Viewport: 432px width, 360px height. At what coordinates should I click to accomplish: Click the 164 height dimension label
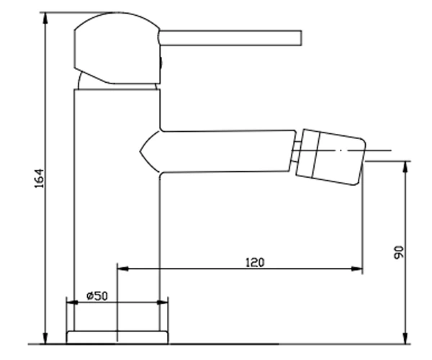[x=39, y=179]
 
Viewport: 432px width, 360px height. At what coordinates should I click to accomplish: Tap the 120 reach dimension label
[x=255, y=263]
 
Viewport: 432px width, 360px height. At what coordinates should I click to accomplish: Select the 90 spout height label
[x=399, y=253]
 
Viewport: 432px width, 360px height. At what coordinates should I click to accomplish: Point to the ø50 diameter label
[x=97, y=296]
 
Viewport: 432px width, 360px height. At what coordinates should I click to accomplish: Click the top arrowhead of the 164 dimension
[x=45, y=17]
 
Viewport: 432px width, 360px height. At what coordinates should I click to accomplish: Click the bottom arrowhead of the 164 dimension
[x=45, y=338]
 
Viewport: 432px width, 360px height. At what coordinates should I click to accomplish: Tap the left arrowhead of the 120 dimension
[x=123, y=269]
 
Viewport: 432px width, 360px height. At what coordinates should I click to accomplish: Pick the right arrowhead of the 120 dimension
[x=357, y=269]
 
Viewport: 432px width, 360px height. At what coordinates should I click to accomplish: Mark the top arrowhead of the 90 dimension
[x=405, y=167]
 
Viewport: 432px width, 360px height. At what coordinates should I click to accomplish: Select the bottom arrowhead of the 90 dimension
[x=405, y=338]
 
